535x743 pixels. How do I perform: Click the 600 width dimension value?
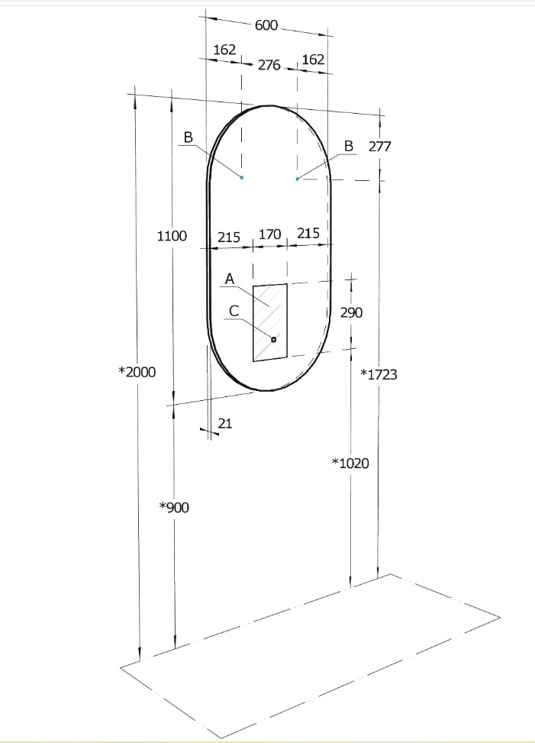(266, 25)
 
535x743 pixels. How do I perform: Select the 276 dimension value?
(269, 65)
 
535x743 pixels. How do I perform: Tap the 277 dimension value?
(380, 147)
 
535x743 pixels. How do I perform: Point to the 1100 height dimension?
(172, 236)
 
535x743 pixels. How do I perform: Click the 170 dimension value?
(269, 234)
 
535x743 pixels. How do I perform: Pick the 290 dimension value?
(351, 313)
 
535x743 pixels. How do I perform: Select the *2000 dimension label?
(137, 372)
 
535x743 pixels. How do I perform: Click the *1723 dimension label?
(379, 374)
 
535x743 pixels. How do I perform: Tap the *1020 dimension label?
(350, 463)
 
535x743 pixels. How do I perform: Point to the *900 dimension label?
(174, 508)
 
